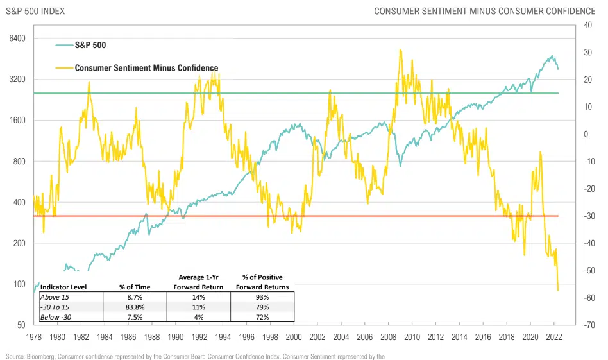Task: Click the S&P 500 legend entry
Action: pyautogui.click(x=90, y=46)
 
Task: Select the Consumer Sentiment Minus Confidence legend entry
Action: pyautogui.click(x=146, y=67)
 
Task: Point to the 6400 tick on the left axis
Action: pyautogui.click(x=14, y=39)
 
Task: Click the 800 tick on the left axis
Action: pyautogui.click(x=17, y=162)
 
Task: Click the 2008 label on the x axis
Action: pyautogui.click(x=388, y=337)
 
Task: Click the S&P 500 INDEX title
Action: pyautogui.click(x=34, y=12)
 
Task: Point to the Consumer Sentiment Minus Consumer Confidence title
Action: pyautogui.click(x=484, y=12)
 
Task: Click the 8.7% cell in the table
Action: pyautogui.click(x=134, y=297)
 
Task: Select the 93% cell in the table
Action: pyautogui.click(x=262, y=297)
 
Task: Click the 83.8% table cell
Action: pyautogui.click(x=134, y=307)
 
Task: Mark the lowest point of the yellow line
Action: pyautogui.click(x=558, y=290)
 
